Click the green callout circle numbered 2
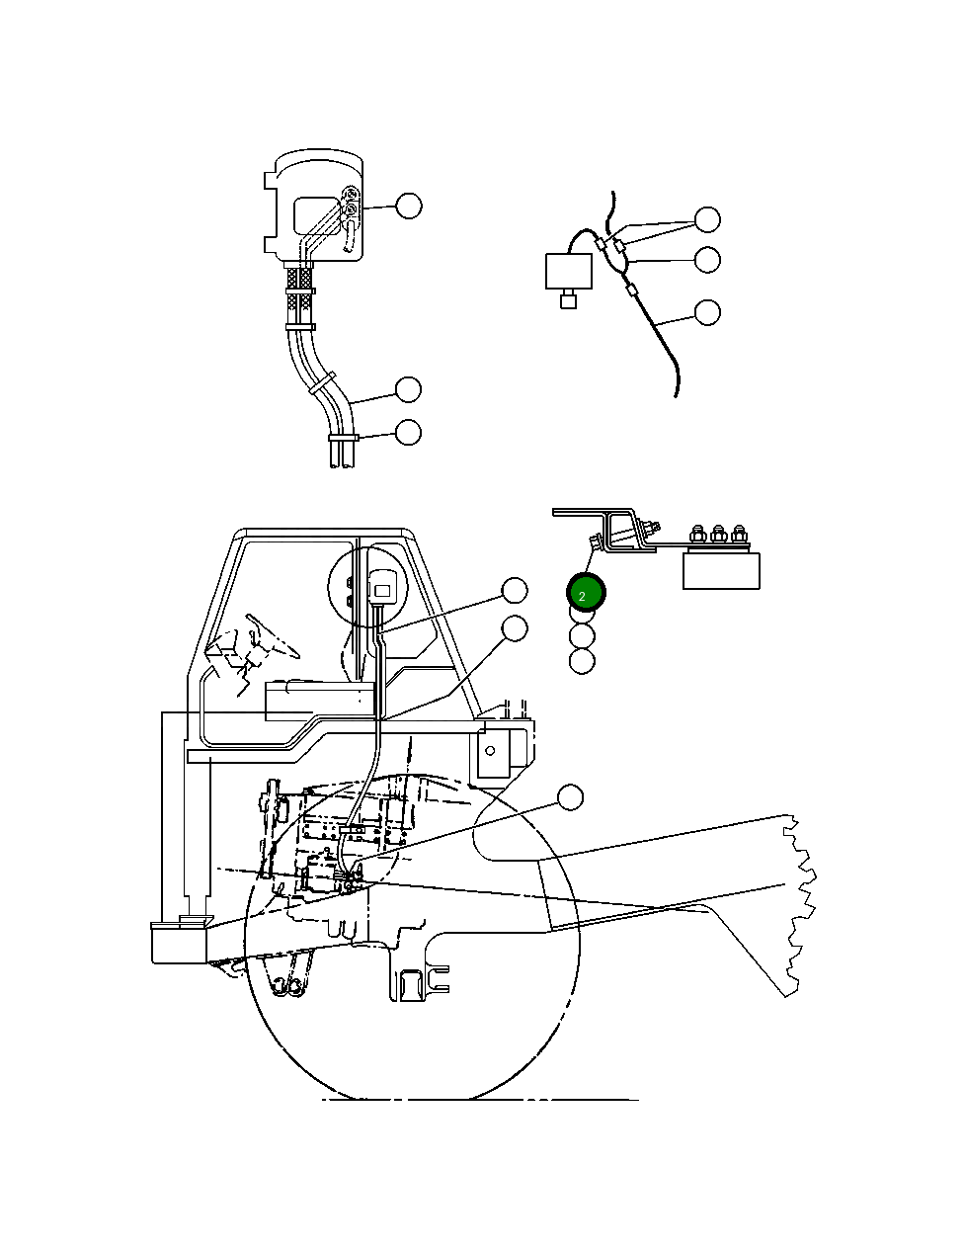(x=586, y=592)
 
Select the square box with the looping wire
(x=569, y=271)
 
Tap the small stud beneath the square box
(x=568, y=298)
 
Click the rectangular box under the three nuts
(x=721, y=571)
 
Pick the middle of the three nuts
(x=718, y=534)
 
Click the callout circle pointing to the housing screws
(x=409, y=206)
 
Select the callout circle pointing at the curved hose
(x=408, y=389)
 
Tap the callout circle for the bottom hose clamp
(x=408, y=432)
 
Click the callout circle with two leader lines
(x=707, y=219)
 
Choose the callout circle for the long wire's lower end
(x=707, y=312)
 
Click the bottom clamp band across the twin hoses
(x=344, y=438)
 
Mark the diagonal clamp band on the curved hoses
(x=322, y=383)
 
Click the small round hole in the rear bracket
(x=490, y=751)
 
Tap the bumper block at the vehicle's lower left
(x=179, y=943)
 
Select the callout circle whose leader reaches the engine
(x=570, y=797)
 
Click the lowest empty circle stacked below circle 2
(x=582, y=661)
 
